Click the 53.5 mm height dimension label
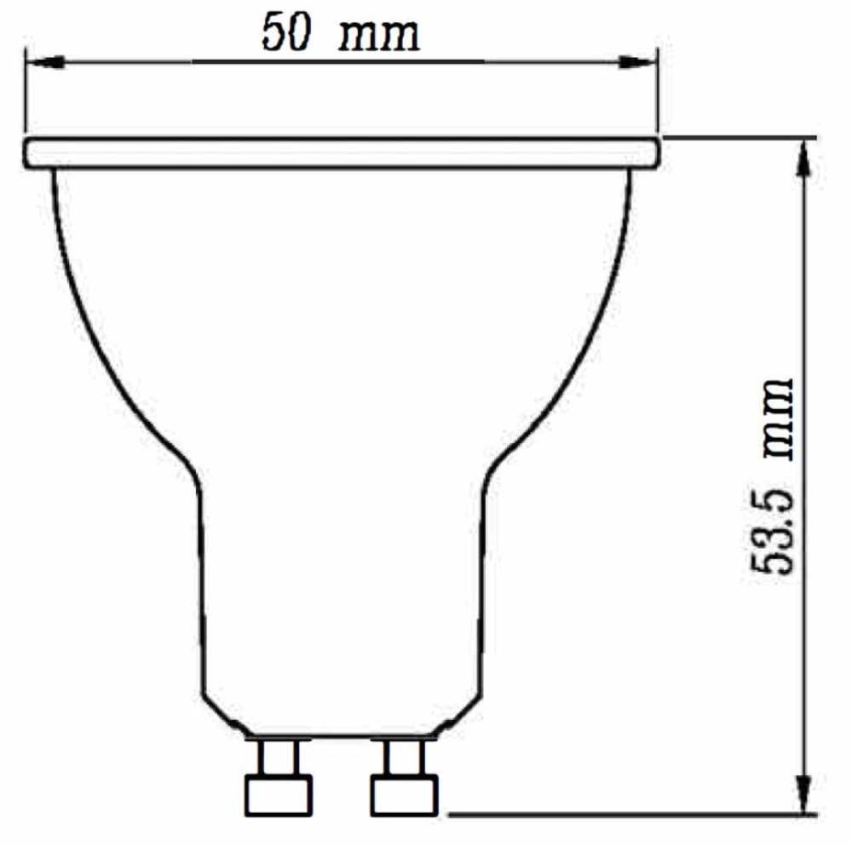(x=773, y=476)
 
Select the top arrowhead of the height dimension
(x=803, y=158)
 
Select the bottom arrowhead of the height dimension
(x=803, y=793)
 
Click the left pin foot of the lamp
(x=278, y=795)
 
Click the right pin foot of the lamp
(x=404, y=795)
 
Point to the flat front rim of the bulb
(x=341, y=153)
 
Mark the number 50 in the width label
(x=285, y=35)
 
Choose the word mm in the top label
(x=380, y=37)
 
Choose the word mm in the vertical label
(x=774, y=417)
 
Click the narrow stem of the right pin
(x=403, y=756)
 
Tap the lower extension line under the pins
(x=630, y=815)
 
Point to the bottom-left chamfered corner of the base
(x=223, y=714)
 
